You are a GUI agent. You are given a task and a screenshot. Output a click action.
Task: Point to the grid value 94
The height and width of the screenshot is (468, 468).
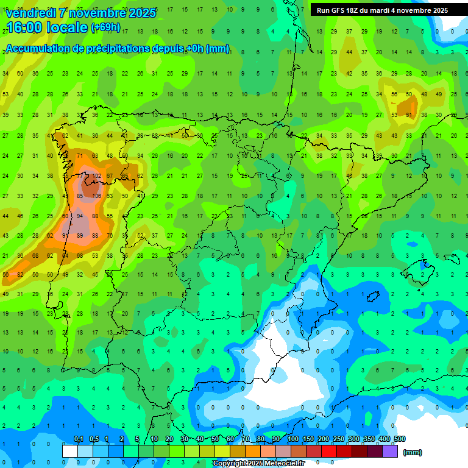tap(80, 216)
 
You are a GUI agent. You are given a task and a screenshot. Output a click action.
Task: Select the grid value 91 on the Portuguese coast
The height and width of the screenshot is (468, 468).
tap(65, 236)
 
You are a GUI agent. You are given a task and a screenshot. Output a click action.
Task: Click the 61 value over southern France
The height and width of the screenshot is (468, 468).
tap(409, 115)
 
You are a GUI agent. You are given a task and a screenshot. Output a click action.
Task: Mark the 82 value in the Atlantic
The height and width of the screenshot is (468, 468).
tap(20, 275)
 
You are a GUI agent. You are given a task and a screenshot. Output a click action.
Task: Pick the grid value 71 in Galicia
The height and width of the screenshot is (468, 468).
tap(80, 156)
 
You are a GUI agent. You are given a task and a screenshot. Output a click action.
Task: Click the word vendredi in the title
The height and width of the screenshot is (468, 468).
tap(30, 13)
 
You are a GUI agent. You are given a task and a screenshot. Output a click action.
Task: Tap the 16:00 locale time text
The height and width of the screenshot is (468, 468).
tap(46, 27)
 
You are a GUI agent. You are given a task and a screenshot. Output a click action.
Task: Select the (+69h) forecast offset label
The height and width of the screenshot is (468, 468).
tap(105, 28)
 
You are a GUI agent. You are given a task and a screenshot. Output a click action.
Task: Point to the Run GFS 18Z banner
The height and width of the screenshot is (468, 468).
tap(382, 10)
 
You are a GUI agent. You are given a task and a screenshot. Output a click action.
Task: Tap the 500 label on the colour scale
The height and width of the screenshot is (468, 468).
tap(399, 439)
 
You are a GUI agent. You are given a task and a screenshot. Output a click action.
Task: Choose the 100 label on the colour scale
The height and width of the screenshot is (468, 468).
tap(293, 439)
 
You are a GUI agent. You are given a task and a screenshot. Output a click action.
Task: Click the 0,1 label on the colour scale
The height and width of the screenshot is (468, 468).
tap(79, 439)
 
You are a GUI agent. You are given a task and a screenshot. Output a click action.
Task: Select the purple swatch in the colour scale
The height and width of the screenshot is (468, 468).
tap(391, 451)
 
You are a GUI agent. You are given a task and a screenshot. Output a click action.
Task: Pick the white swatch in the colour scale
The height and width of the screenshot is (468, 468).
tap(70, 451)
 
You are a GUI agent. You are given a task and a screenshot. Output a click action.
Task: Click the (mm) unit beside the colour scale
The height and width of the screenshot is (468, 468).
tap(413, 452)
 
